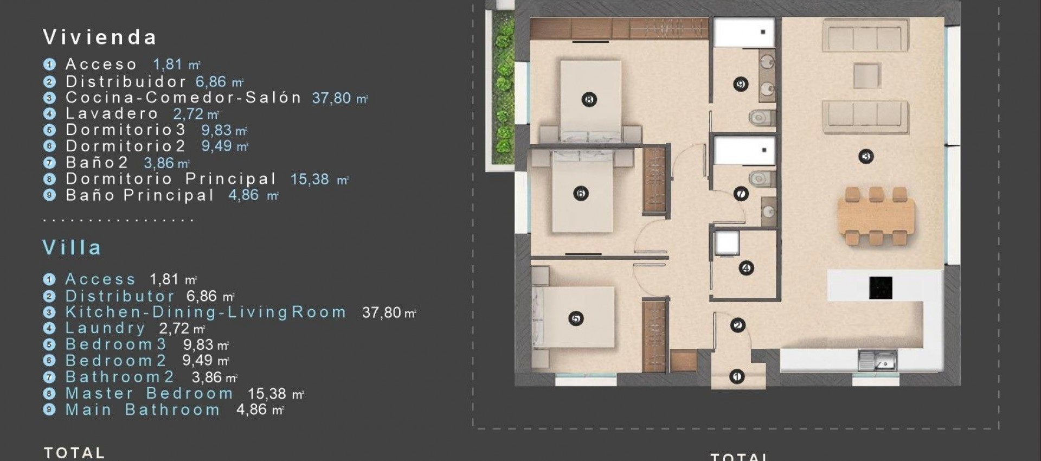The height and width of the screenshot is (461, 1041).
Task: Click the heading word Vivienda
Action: point(100,37)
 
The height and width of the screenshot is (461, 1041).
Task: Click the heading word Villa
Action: point(72,248)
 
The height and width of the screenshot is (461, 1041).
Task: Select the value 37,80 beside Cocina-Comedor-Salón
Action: point(331,98)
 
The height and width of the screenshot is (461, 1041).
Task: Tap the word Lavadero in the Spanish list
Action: point(112,114)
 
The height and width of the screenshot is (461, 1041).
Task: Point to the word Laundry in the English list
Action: point(105,328)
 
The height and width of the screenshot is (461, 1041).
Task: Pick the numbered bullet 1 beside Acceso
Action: point(49,65)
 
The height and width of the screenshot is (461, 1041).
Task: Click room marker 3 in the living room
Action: point(866,157)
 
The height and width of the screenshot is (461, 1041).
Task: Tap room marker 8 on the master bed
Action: point(589,99)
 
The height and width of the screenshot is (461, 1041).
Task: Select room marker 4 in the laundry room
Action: point(746,268)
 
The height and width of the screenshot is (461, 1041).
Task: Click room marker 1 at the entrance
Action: point(737,376)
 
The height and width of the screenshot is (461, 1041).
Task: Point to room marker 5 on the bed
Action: point(576,318)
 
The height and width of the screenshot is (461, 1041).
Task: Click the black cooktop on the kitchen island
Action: point(881,287)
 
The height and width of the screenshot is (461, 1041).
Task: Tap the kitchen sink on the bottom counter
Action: point(878,361)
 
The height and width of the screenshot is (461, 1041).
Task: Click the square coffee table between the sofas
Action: point(866,75)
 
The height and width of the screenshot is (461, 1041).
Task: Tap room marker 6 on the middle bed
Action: point(580,194)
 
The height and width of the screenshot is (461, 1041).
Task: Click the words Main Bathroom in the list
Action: point(142,410)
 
